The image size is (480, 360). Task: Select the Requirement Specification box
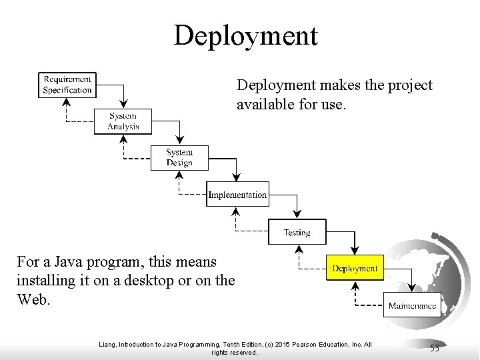67,85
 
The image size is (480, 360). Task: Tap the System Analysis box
123,121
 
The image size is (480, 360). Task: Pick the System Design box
179,157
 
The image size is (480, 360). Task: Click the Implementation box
237,195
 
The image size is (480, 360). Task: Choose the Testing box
297,232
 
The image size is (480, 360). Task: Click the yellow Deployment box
355,269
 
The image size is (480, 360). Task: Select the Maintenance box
412,306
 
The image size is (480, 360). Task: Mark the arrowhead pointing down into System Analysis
123,105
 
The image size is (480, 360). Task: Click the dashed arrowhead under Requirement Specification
67,102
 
